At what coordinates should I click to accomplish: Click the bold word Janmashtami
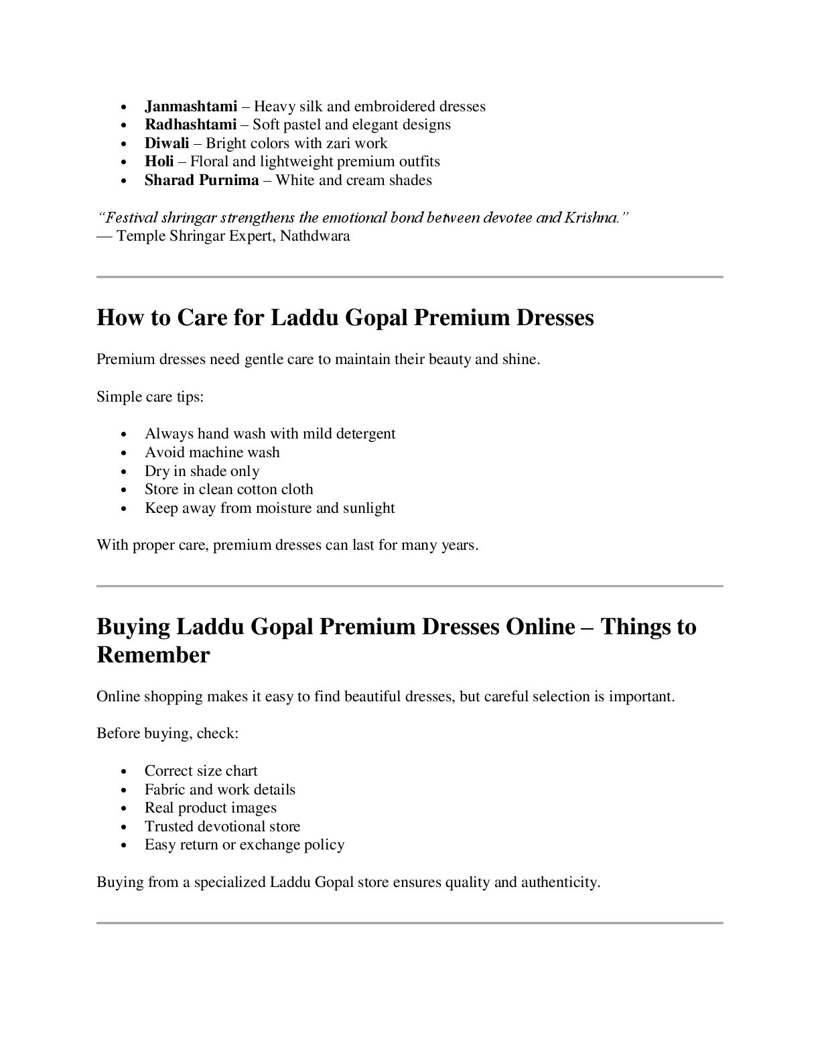pyautogui.click(x=191, y=107)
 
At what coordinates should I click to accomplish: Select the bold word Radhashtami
pyautogui.click(x=190, y=125)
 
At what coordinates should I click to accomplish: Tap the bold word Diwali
pyautogui.click(x=167, y=143)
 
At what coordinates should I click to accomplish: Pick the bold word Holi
pyautogui.click(x=159, y=162)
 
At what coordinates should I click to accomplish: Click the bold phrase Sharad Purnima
pyautogui.click(x=202, y=180)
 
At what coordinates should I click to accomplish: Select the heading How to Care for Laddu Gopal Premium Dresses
pyautogui.click(x=345, y=317)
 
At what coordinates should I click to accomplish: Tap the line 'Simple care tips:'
pyautogui.click(x=150, y=397)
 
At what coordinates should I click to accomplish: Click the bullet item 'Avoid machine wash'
pyautogui.click(x=212, y=453)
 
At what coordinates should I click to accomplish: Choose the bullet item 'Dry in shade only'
pyautogui.click(x=202, y=471)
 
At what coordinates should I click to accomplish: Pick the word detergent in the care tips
pyautogui.click(x=366, y=434)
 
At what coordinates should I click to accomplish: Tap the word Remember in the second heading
pyautogui.click(x=153, y=655)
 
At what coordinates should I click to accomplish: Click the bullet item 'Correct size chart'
pyautogui.click(x=201, y=771)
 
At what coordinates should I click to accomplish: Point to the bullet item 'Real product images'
pyautogui.click(x=210, y=808)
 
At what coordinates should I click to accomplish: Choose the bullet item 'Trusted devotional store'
pyautogui.click(x=222, y=827)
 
